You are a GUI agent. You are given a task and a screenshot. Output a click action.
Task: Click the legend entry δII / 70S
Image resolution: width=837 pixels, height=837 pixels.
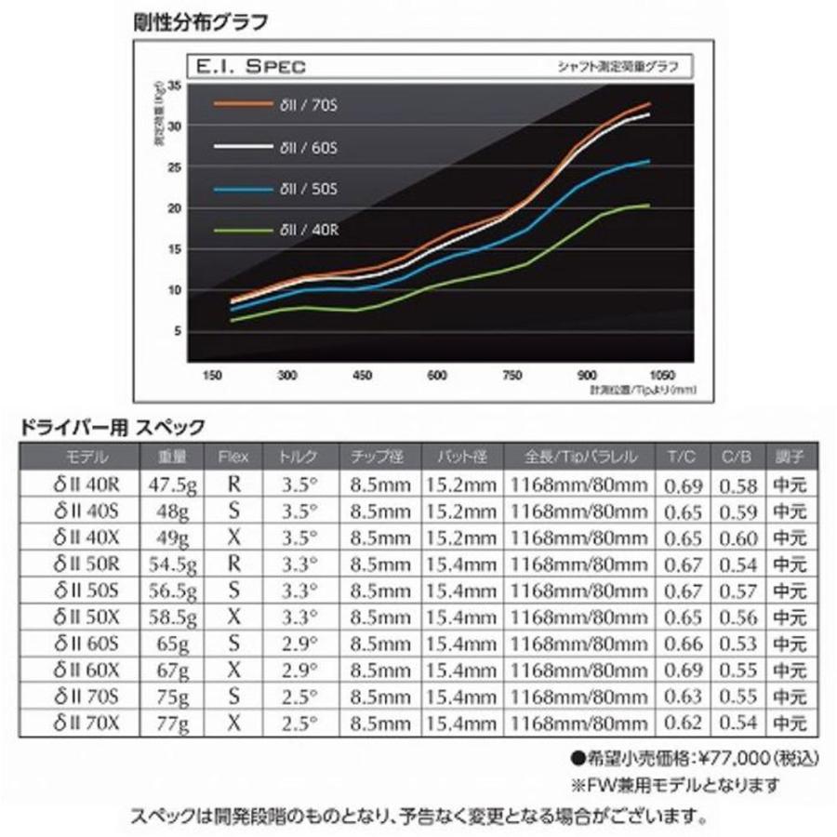301,104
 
